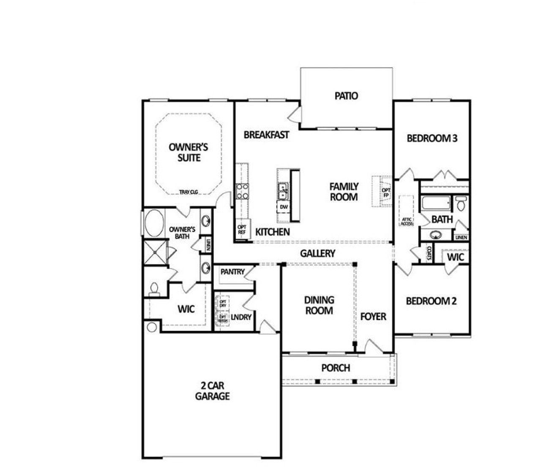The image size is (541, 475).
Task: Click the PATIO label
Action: click(x=346, y=96)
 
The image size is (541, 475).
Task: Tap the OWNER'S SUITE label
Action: click(x=189, y=153)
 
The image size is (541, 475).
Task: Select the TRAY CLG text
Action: click(x=189, y=192)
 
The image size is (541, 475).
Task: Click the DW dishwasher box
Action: click(x=284, y=207)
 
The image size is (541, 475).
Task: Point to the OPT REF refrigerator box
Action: click(x=242, y=229)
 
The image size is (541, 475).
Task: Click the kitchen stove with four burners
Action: click(x=242, y=191)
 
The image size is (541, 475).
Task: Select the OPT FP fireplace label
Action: click(x=386, y=193)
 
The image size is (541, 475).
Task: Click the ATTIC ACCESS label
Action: click(x=407, y=221)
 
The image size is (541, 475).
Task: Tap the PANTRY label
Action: click(x=232, y=272)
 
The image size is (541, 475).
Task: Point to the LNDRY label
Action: click(x=241, y=317)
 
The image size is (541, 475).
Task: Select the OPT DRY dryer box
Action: click(x=223, y=303)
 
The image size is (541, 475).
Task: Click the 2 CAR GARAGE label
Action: click(x=212, y=391)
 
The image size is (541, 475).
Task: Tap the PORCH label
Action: click(x=336, y=368)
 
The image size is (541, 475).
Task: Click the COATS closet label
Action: click(x=429, y=253)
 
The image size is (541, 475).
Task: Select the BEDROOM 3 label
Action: click(x=432, y=138)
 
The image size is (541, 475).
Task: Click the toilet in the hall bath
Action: click(x=460, y=204)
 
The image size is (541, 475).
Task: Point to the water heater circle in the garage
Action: click(x=151, y=327)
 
